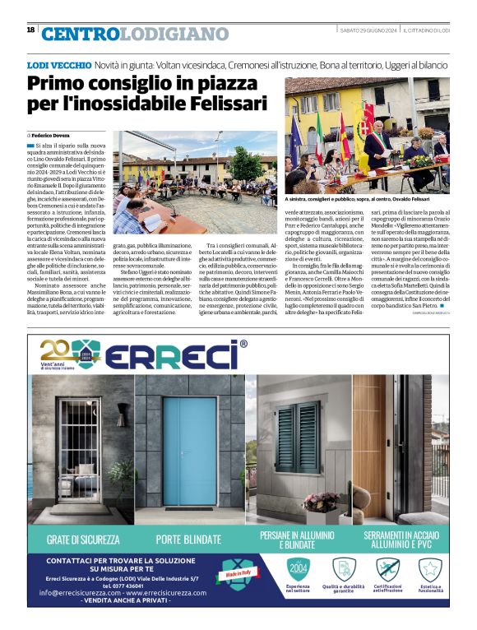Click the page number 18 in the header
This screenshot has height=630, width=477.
click(x=31, y=30)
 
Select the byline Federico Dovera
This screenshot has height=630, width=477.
click(x=52, y=133)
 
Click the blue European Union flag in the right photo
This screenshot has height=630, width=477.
click(x=296, y=136)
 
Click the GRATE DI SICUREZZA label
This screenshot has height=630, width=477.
click(x=83, y=540)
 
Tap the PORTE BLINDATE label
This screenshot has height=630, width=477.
click(x=190, y=540)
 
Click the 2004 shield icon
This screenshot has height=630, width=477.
click(x=298, y=569)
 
